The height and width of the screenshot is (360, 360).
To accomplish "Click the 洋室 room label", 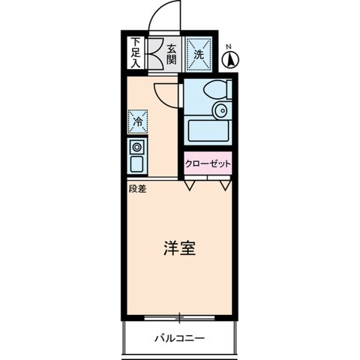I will (180, 249).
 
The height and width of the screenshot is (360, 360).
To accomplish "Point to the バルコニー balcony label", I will (180, 338).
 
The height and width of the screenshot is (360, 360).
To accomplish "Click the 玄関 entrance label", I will (172, 54).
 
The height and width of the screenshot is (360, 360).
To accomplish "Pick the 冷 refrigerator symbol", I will (138, 120).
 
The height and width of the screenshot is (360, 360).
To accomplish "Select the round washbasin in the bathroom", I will (220, 112).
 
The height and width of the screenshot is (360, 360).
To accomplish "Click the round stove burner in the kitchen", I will (138, 147).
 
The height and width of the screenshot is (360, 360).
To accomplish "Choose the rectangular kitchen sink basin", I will (138, 163).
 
